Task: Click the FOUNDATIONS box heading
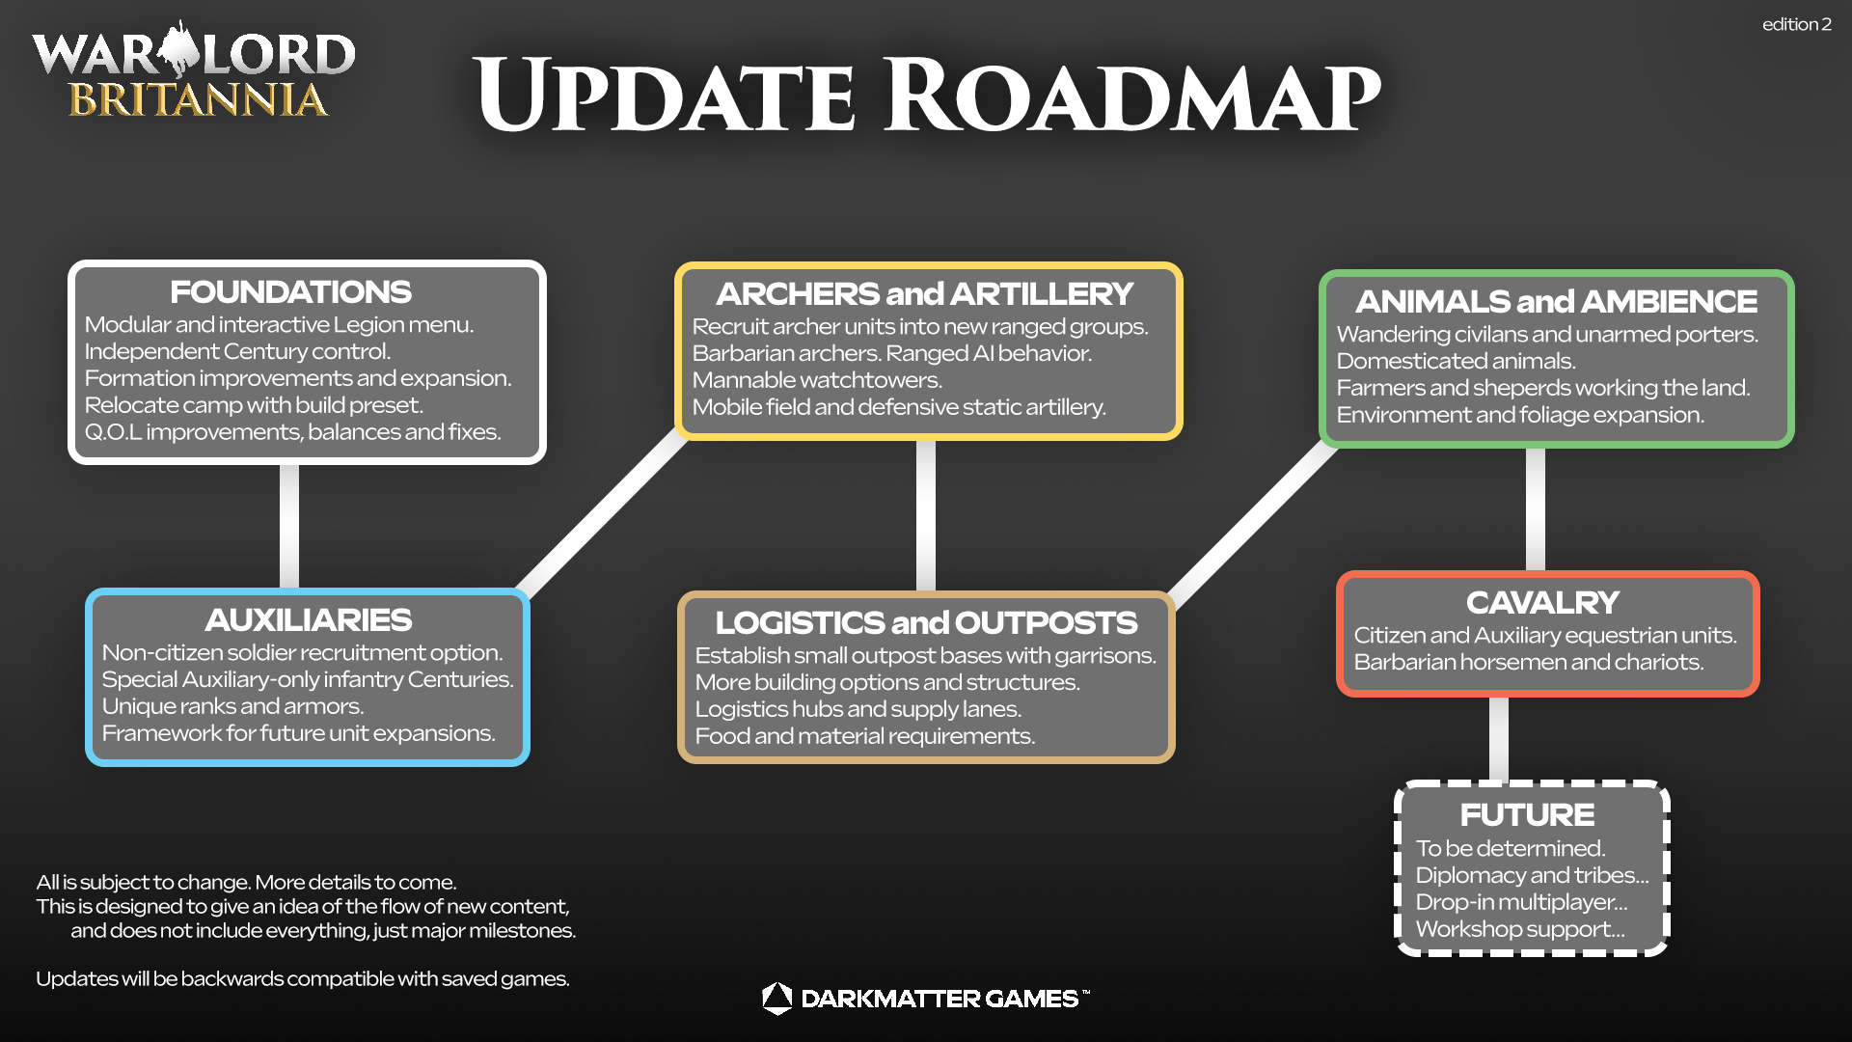(x=290, y=292)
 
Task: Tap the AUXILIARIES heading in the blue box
(x=308, y=620)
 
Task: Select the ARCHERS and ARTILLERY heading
(x=924, y=294)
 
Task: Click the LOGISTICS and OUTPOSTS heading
(x=926, y=623)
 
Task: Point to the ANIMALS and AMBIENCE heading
(x=1556, y=302)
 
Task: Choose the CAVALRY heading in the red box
(x=1542, y=603)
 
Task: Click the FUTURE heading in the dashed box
(x=1527, y=815)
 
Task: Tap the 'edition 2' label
(x=1796, y=25)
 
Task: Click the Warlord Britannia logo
(x=194, y=72)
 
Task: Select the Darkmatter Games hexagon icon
(x=776, y=999)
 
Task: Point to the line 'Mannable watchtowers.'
(x=817, y=380)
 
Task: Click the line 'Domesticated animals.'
(x=1456, y=361)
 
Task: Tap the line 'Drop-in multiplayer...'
(x=1521, y=902)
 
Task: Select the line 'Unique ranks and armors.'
(x=232, y=706)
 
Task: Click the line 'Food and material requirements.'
(x=864, y=736)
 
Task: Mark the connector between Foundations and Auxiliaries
(x=289, y=526)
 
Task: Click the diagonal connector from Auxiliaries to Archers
(x=603, y=516)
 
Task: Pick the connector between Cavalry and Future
(x=1499, y=738)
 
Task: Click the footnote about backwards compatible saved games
(x=303, y=979)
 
